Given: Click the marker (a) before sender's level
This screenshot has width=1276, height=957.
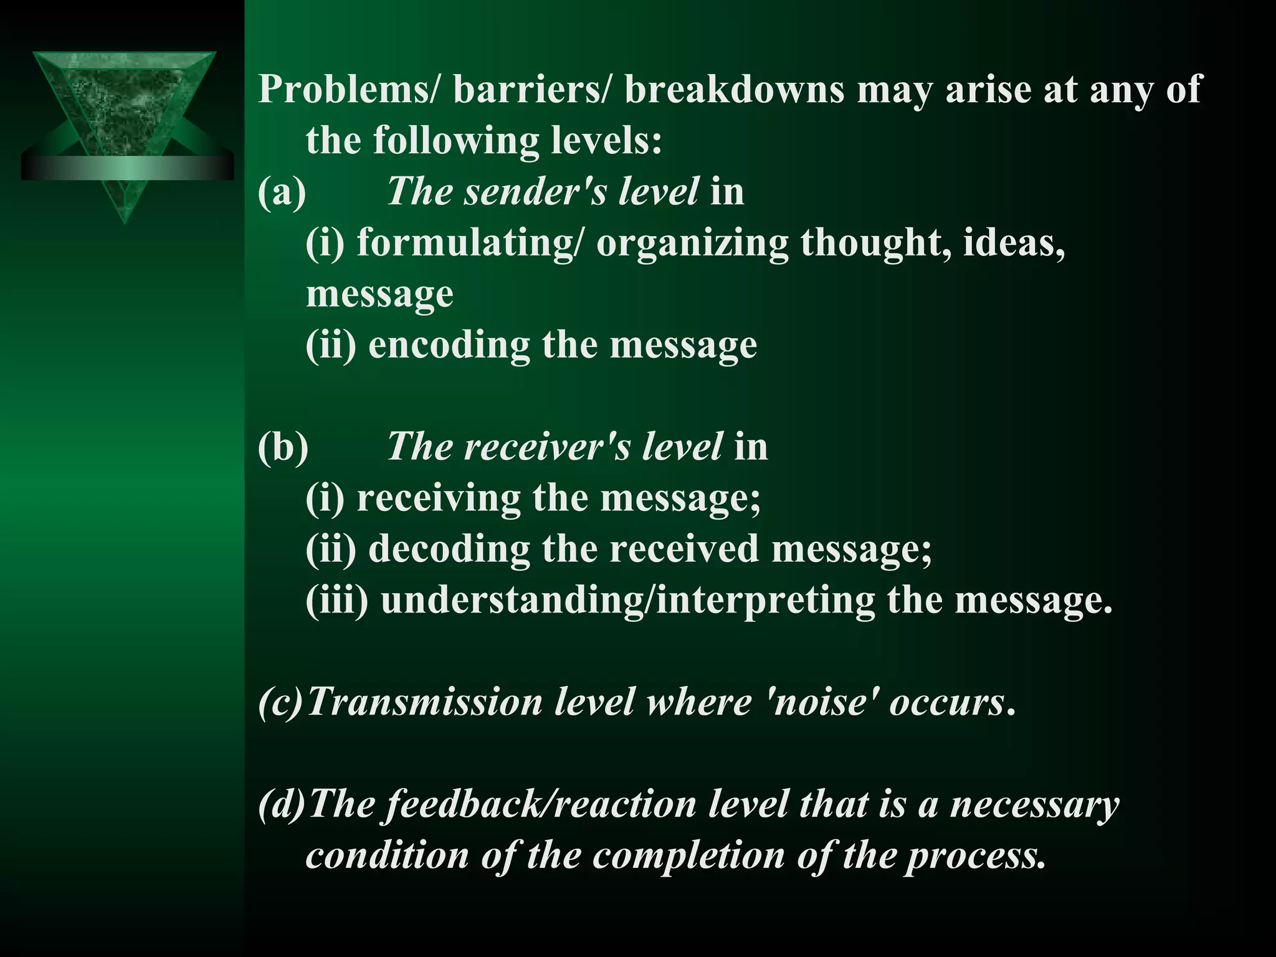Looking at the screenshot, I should (x=282, y=192).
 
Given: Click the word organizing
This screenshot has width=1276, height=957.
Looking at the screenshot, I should (x=692, y=243).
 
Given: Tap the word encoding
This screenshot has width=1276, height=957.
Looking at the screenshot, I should (x=449, y=345).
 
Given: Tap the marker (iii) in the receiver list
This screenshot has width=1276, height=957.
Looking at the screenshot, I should (x=336, y=601).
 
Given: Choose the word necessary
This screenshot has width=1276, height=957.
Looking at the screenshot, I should (x=1034, y=804).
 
